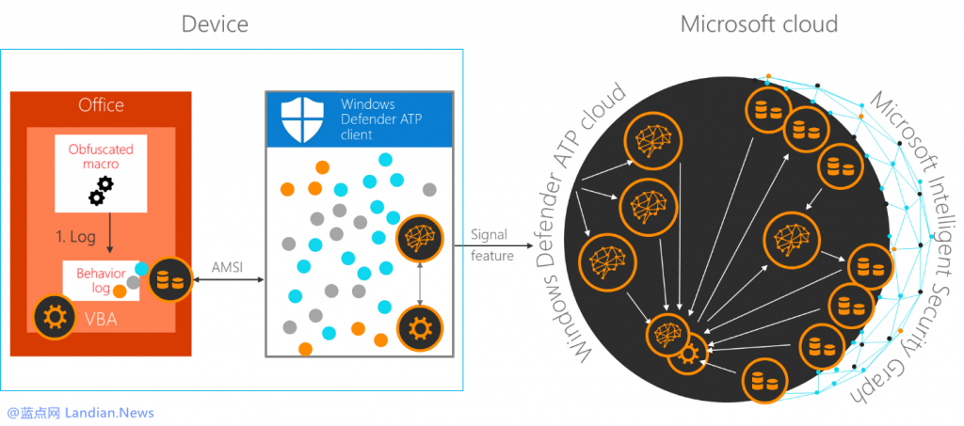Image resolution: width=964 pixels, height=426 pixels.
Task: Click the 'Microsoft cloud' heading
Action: [758, 24]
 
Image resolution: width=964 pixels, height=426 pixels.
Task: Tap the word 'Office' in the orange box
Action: [101, 104]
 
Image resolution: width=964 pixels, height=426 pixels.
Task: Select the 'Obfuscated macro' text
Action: [101, 157]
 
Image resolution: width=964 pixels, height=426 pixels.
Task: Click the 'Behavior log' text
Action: [96, 279]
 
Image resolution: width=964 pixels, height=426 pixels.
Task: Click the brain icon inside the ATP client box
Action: [419, 239]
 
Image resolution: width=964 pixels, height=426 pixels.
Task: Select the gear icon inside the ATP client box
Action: [419, 328]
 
